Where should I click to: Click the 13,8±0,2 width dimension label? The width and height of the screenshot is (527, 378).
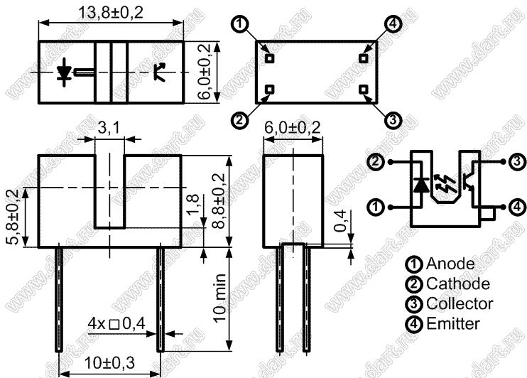click(111, 13)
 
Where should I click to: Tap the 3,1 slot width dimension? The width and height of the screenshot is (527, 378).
click(108, 128)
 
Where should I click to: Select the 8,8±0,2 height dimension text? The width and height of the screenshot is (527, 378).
click(219, 201)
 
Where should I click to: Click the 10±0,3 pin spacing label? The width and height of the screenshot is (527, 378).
click(109, 362)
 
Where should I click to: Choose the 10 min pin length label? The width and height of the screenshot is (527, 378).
click(220, 298)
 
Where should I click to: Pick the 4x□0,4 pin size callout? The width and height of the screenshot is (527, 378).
click(116, 323)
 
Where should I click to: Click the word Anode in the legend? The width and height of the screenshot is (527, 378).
click(450, 264)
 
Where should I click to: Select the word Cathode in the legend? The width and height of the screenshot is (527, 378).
click(458, 283)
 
